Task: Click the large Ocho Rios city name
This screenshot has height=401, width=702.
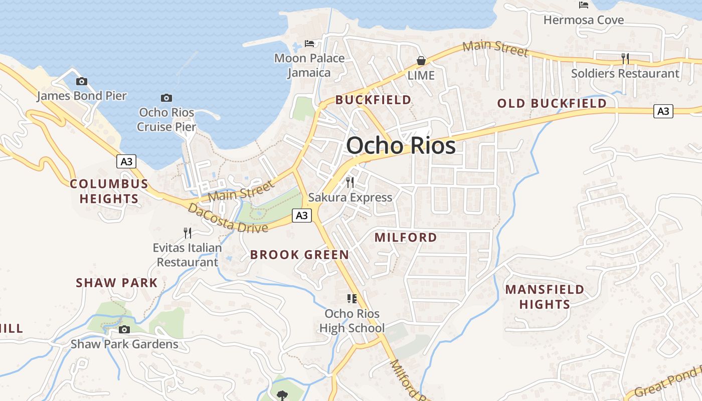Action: (x=401, y=146)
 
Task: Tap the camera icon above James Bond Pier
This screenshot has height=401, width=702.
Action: (x=81, y=81)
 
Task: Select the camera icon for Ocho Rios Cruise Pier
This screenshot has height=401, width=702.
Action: (x=166, y=98)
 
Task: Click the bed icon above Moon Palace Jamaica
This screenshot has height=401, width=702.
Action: (x=309, y=44)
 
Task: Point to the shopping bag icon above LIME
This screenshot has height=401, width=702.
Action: (x=421, y=61)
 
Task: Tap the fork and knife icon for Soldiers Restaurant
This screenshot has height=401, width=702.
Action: (x=625, y=59)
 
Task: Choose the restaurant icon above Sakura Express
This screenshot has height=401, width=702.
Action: (x=350, y=182)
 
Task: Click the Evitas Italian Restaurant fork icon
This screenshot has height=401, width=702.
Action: (x=187, y=233)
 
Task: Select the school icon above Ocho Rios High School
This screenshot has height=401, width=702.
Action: (x=352, y=299)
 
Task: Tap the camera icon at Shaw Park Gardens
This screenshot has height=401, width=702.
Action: (x=124, y=329)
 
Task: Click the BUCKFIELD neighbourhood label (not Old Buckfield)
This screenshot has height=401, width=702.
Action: (x=373, y=100)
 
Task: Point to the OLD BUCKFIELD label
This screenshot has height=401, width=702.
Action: (x=552, y=104)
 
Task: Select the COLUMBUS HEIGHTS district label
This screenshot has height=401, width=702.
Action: (x=109, y=191)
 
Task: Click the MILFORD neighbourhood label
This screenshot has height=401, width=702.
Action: (x=406, y=238)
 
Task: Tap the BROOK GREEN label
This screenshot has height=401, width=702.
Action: (x=299, y=255)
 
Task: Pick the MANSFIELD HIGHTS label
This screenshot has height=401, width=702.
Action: (x=545, y=297)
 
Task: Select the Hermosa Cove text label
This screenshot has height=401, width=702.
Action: (x=584, y=20)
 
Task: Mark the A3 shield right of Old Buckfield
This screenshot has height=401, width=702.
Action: (x=663, y=111)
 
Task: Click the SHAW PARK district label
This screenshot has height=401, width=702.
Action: (x=117, y=283)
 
